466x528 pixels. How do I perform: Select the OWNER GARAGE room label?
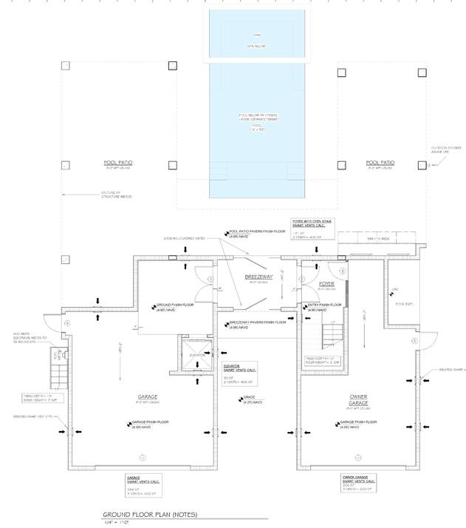(358, 400)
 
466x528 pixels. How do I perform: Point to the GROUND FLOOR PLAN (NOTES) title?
(149, 514)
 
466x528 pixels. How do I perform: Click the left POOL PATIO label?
(118, 162)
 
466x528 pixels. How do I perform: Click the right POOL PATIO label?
(380, 162)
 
